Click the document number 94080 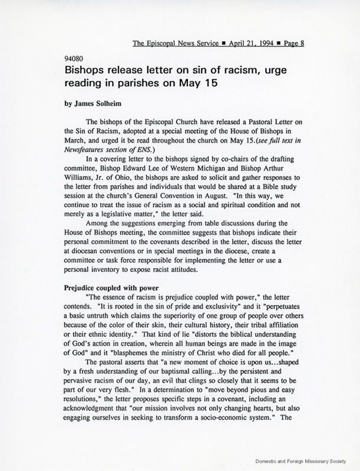click(x=74, y=59)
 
